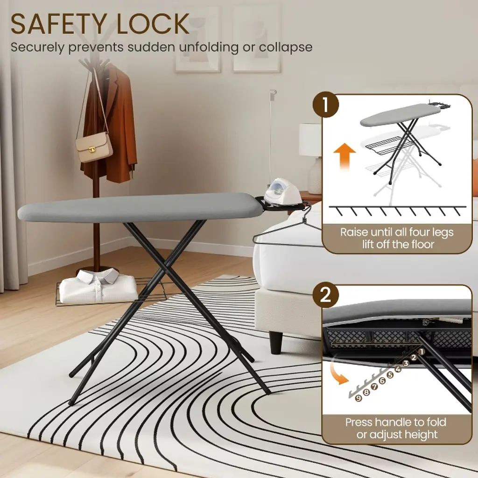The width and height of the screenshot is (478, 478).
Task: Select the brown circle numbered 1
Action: click(326, 105)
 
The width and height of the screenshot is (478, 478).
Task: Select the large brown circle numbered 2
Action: click(326, 295)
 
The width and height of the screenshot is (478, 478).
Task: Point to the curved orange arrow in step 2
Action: click(339, 369)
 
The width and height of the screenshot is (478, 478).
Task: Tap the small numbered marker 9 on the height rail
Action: click(358, 398)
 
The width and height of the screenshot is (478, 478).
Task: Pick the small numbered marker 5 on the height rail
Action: click(390, 375)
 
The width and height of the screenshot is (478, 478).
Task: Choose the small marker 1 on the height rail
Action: click(422, 352)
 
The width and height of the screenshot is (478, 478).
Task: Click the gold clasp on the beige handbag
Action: click(92, 149)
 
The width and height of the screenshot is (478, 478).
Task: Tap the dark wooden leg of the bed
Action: click(276, 342)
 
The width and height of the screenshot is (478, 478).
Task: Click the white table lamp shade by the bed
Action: click(310, 140)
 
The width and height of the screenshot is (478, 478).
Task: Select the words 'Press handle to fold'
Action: click(396, 422)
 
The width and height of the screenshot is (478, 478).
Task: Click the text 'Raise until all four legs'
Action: click(397, 232)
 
